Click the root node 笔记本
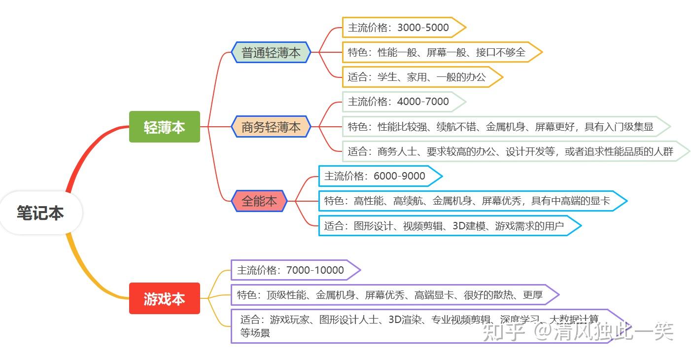click(40, 213)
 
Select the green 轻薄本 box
click(164, 127)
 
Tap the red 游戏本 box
click(164, 298)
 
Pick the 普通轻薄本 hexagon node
click(271, 52)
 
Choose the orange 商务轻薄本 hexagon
click(271, 127)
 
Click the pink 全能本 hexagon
click(259, 201)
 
